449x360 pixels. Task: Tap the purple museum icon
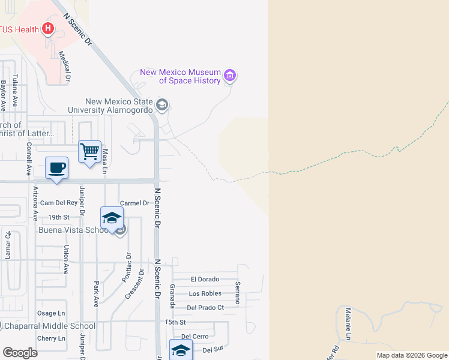(x=229, y=76)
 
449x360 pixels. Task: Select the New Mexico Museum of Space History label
(x=181, y=76)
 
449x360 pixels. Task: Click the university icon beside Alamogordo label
(x=161, y=105)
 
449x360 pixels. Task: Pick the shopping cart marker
(x=89, y=152)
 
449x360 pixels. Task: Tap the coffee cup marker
(x=56, y=167)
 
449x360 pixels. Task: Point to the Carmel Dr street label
(x=134, y=203)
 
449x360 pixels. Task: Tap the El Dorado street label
(x=205, y=279)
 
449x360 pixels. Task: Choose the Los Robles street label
(x=205, y=293)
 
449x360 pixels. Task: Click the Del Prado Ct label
(x=205, y=308)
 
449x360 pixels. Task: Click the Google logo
(x=20, y=353)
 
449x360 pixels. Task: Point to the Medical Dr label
(x=64, y=66)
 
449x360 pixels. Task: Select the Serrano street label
(x=238, y=293)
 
